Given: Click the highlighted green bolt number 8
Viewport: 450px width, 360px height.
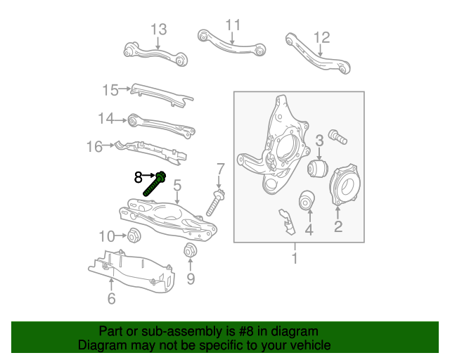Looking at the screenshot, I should pos(155,183).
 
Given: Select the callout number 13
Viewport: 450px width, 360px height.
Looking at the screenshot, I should pos(158,30).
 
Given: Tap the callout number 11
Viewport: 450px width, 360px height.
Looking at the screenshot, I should pos(233,25).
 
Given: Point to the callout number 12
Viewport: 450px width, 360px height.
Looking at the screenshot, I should pos(321,37).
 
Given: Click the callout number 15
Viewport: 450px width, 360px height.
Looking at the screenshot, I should pos(111,89).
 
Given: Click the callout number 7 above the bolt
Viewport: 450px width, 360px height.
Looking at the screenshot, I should pos(220,169).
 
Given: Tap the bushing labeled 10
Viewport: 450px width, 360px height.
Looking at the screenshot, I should pos(134,234).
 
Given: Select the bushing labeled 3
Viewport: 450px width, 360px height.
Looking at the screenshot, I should pos(320,169).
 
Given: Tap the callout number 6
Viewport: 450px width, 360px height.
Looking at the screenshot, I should pos(111,299).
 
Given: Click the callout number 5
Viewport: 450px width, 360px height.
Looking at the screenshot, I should pos(177,185).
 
